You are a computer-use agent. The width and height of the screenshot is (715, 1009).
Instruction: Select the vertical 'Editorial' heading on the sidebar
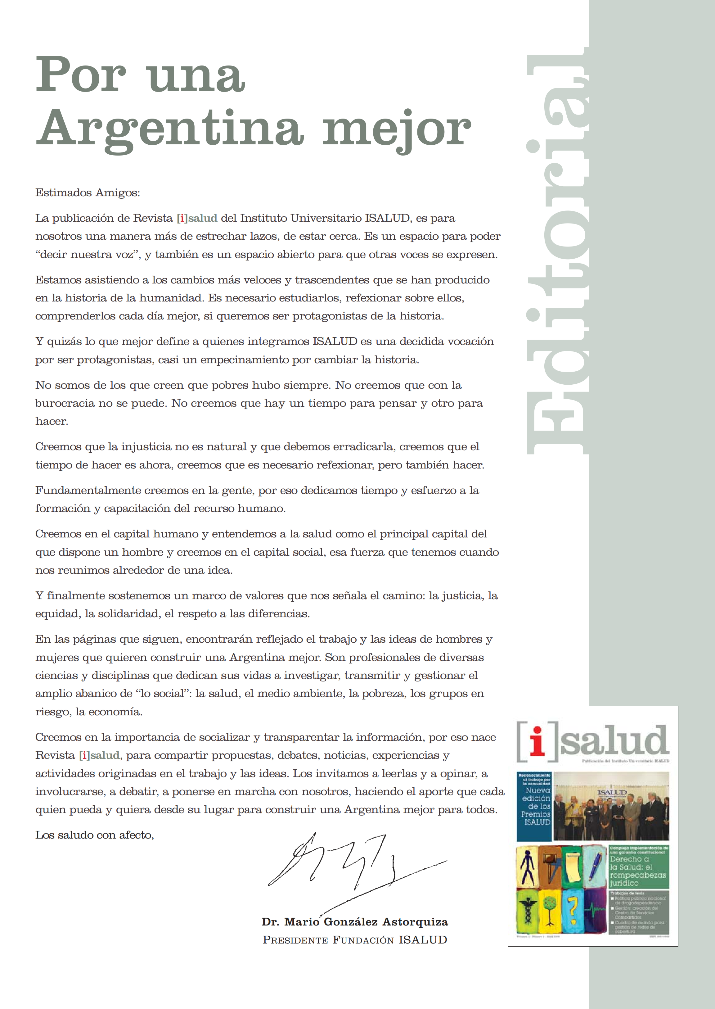coord(557,251)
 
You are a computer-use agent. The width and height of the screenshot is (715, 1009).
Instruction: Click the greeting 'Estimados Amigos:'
coord(88,193)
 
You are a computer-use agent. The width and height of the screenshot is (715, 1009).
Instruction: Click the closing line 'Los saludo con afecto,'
coord(95,835)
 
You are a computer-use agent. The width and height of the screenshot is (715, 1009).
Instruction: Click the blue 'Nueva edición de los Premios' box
coord(534,806)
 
